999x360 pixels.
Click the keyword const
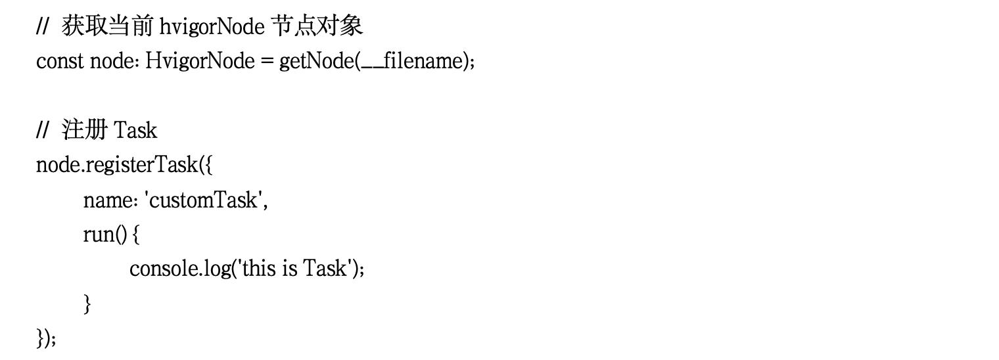[x=60, y=61]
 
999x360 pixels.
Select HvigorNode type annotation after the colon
[x=200, y=61]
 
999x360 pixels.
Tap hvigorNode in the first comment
[x=212, y=27]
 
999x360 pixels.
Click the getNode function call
[x=317, y=61]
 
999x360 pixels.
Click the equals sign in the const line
[x=267, y=62]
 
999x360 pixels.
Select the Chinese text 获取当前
[x=108, y=26]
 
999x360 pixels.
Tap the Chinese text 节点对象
[x=317, y=26]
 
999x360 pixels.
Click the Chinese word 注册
[x=84, y=129]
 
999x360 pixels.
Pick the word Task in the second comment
[x=135, y=131]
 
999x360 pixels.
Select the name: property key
[x=110, y=200]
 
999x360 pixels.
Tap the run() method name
[x=105, y=235]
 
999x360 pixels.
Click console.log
[x=180, y=269]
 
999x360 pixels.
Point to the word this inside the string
[x=258, y=269]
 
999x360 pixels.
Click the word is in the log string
[x=289, y=269]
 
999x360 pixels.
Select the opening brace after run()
[x=136, y=235]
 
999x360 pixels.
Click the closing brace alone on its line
[x=87, y=304]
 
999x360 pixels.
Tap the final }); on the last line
[x=46, y=338]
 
